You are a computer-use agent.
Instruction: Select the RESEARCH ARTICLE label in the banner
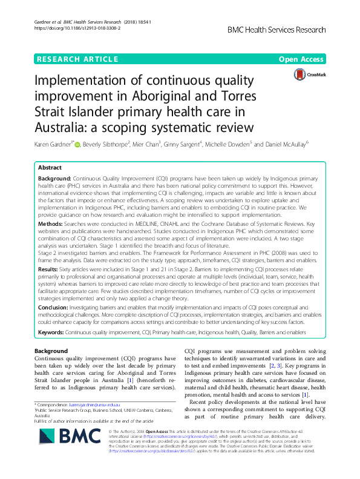(77, 59)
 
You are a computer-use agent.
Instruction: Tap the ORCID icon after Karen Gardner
(77, 145)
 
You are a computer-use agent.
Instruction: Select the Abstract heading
(50, 167)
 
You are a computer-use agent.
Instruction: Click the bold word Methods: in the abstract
(52, 224)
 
